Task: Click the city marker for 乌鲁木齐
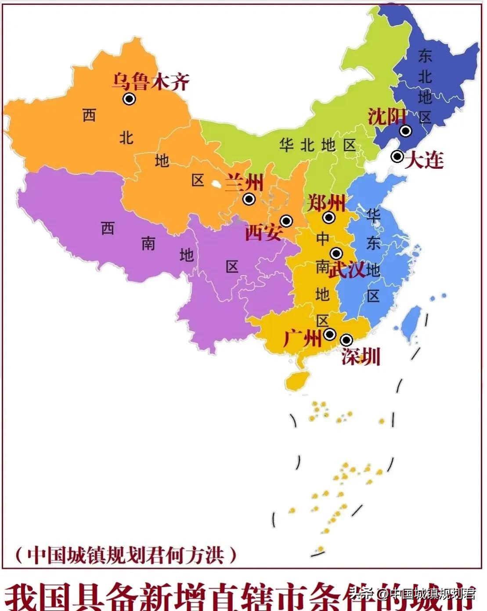[x=129, y=99]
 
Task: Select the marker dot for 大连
[x=397, y=156]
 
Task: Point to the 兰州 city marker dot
[x=249, y=199]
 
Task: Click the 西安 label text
[x=263, y=232]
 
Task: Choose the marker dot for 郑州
[x=328, y=217]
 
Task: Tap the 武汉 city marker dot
[x=336, y=253]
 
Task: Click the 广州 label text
[x=302, y=338]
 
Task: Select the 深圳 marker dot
[x=346, y=340]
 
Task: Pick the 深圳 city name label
[x=361, y=356]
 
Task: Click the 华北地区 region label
[x=317, y=145]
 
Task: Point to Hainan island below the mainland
[x=297, y=380]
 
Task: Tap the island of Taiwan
[x=411, y=324]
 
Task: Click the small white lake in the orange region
[x=216, y=184]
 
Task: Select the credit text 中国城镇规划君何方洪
[x=126, y=555]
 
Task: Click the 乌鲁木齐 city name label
[x=150, y=82]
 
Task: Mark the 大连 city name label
[x=424, y=160]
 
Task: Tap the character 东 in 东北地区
[x=425, y=56]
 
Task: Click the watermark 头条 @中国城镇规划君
[x=413, y=594]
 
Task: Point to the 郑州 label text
[x=326, y=203]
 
